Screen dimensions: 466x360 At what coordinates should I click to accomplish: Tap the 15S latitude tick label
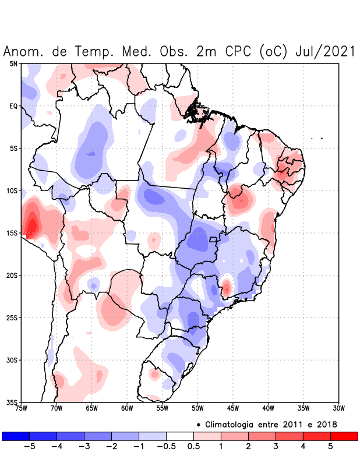coord(13,233)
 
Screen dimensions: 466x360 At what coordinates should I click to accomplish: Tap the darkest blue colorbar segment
coord(16,436)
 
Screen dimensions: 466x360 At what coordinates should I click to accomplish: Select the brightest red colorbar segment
coord(344,436)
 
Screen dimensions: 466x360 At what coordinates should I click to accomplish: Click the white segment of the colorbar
coord(179,436)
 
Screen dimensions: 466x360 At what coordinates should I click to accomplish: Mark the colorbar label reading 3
coord(276,447)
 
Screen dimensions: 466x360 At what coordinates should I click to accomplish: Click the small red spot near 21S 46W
coord(226,287)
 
